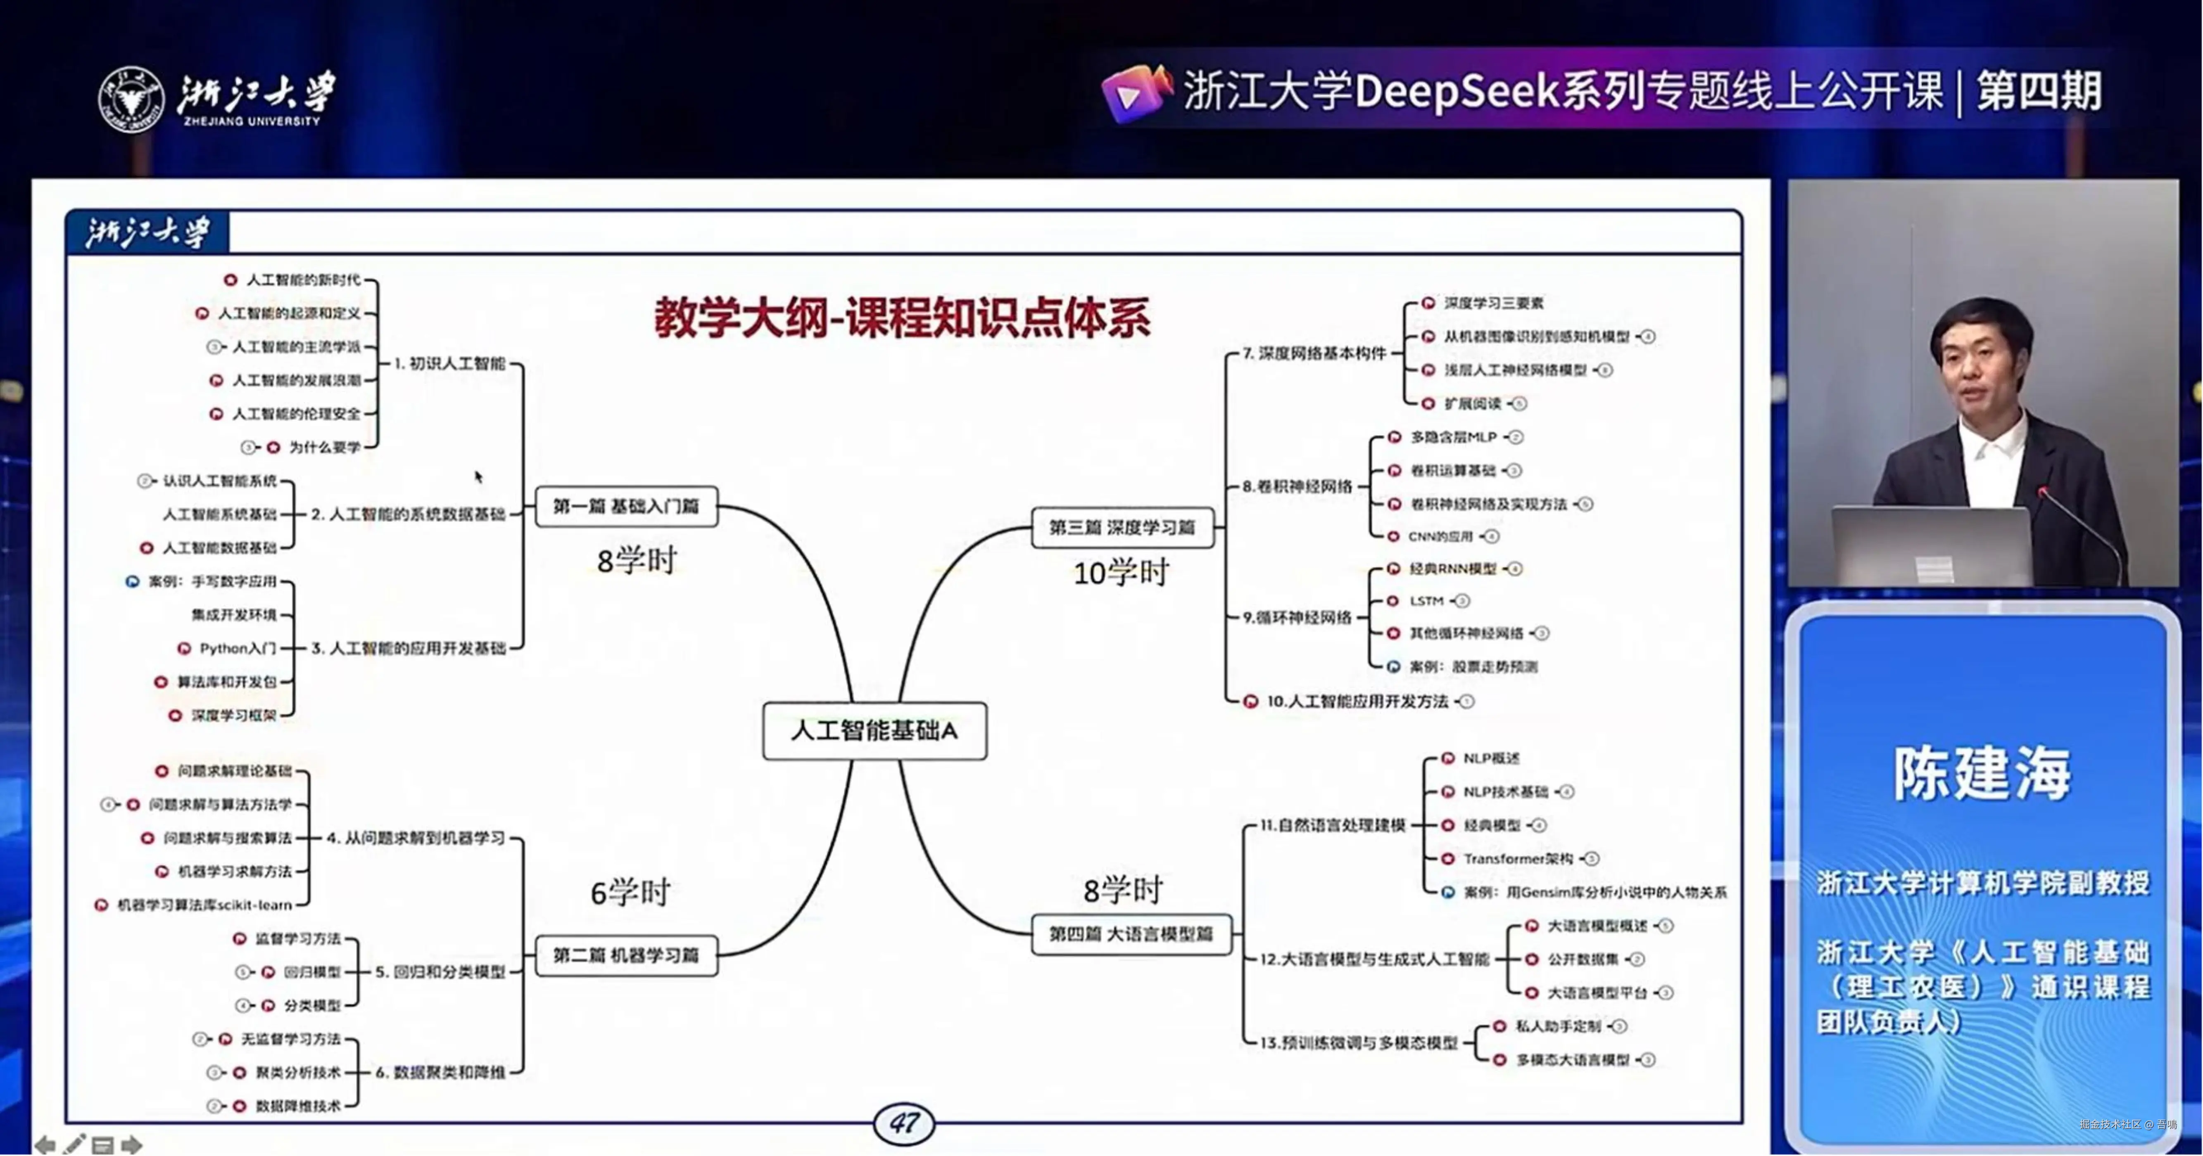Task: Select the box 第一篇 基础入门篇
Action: point(626,506)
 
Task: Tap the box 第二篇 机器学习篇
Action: point(626,955)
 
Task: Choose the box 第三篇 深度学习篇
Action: point(1122,528)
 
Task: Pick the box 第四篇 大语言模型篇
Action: point(1131,934)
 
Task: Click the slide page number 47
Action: point(904,1123)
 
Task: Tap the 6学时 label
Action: point(630,893)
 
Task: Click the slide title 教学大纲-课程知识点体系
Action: point(902,318)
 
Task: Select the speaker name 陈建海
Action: point(1982,774)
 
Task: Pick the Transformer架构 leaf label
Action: point(1518,858)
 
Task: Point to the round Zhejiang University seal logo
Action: point(131,99)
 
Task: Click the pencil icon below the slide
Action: point(74,1143)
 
